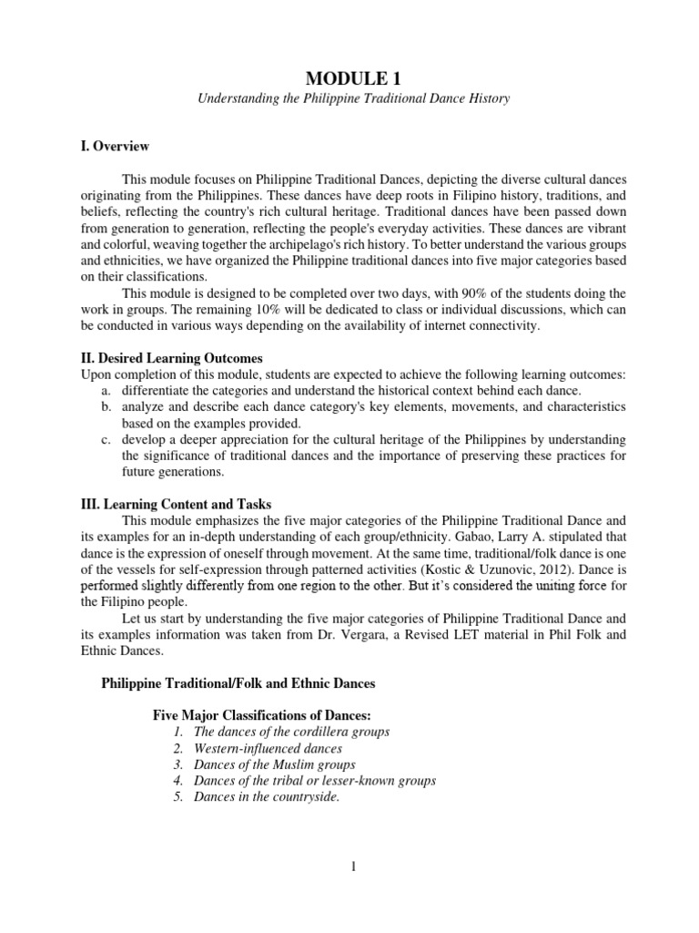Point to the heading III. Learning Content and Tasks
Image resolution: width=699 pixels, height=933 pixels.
click(x=176, y=504)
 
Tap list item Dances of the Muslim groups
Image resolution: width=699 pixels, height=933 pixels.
click(x=274, y=764)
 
